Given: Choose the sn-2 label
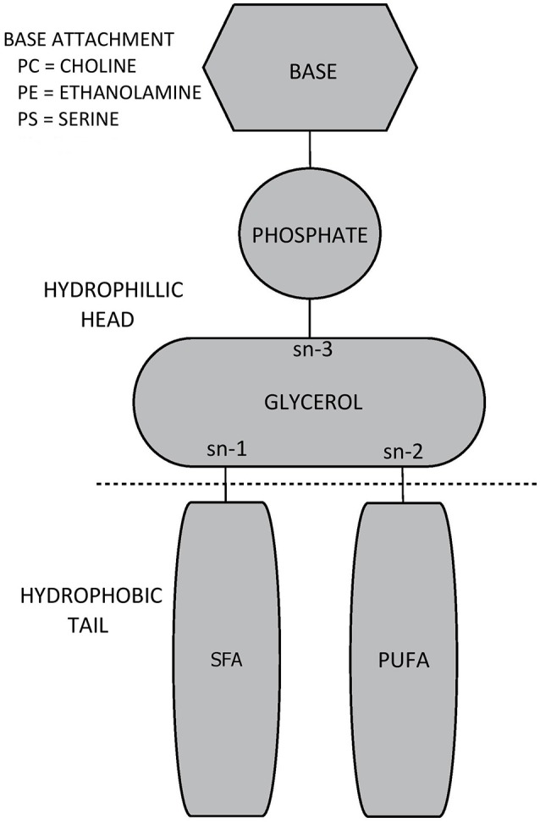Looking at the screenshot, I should [402, 451].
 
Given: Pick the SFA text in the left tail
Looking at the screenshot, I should [226, 661].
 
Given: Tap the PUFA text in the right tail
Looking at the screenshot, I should [401, 661].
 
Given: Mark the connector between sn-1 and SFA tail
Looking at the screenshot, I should [226, 485].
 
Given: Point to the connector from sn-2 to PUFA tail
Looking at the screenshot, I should [402, 485].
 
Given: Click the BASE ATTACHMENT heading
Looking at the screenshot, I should [89, 40].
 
